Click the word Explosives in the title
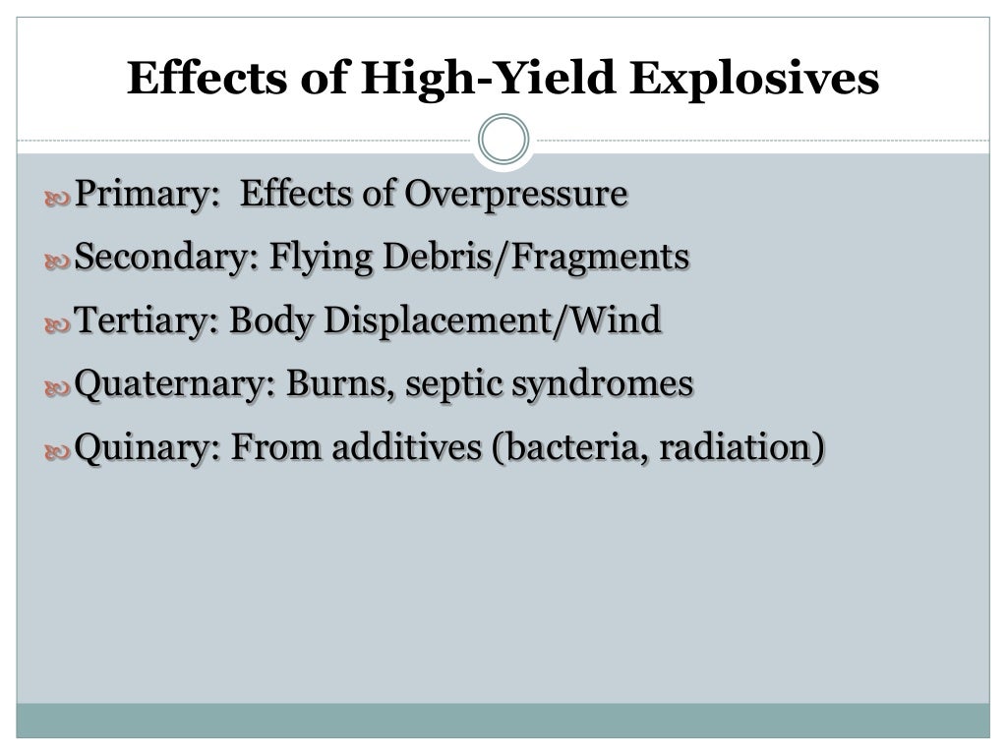(x=754, y=80)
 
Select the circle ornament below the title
(x=503, y=140)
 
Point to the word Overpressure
(x=516, y=194)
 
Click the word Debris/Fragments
(x=535, y=258)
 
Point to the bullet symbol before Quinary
(x=57, y=451)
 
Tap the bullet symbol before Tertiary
(x=57, y=324)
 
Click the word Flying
(x=320, y=259)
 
